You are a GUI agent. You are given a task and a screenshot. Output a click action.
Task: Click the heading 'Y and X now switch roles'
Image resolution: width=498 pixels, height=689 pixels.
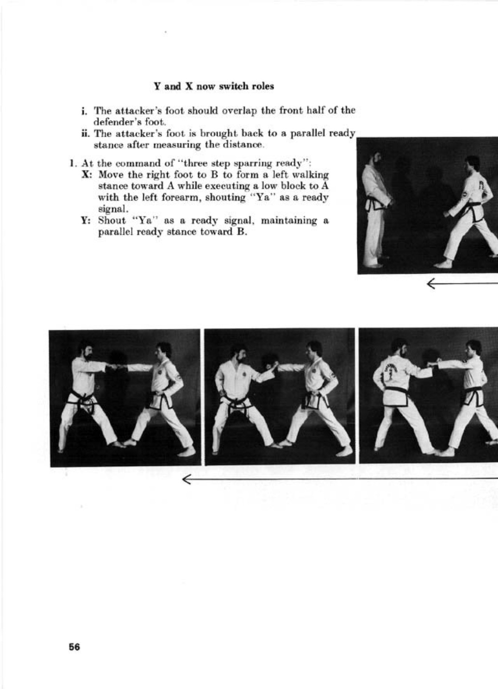coord(214,86)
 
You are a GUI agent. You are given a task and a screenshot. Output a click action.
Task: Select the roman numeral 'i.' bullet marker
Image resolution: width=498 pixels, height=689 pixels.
coord(84,110)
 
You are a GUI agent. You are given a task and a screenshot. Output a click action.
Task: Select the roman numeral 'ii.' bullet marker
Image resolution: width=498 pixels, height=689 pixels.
coord(85,134)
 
